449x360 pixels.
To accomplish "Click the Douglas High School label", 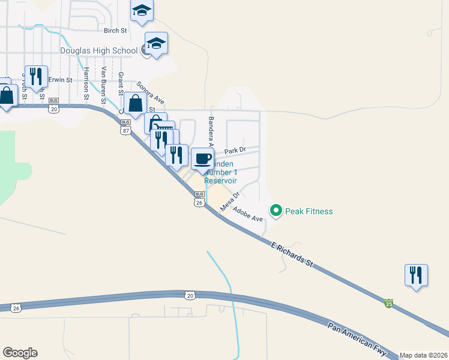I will [x=100, y=50].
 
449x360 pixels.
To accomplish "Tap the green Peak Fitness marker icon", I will [x=276, y=211].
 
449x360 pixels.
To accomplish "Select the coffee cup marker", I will [x=202, y=159].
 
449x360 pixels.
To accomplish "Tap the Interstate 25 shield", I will [x=389, y=304].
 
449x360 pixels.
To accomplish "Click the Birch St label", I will [x=116, y=30].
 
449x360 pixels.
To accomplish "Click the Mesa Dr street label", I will [x=230, y=202].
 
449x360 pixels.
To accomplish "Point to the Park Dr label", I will [x=235, y=151].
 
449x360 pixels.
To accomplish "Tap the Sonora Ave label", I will [x=150, y=92].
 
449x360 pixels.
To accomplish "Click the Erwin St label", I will [x=60, y=79].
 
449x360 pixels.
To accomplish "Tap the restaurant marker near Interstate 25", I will [x=416, y=275].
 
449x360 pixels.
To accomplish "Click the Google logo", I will [x=20, y=353].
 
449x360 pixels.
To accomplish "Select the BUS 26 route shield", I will [x=199, y=199].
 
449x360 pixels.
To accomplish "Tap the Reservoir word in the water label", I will [x=220, y=180].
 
